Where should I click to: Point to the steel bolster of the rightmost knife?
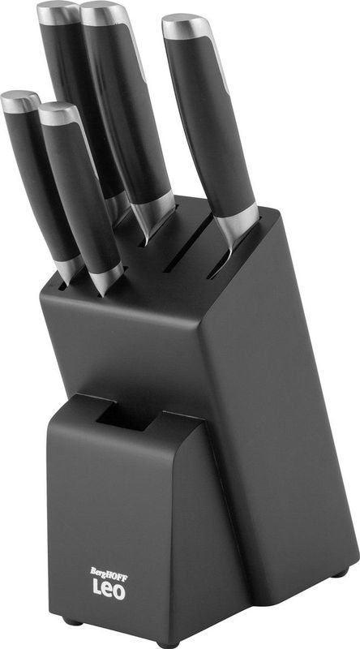(x=236, y=220)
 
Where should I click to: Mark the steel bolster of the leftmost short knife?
(x=71, y=267)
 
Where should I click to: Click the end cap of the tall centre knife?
(x=105, y=13)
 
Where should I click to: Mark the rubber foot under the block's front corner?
(x=167, y=644)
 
